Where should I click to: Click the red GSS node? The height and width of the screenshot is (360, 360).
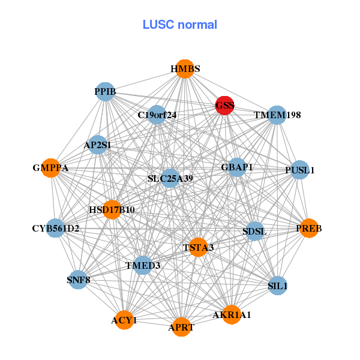(225, 106)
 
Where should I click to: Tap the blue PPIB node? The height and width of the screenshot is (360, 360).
(105, 92)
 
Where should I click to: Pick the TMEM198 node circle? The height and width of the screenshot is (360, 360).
(277, 115)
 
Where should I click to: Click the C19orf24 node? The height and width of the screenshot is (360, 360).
(157, 115)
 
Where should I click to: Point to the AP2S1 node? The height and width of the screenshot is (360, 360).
(97, 145)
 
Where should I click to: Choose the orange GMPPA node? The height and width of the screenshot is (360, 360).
(50, 169)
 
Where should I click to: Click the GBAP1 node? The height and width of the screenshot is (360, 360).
(237, 167)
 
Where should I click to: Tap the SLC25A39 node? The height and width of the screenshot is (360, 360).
(170, 178)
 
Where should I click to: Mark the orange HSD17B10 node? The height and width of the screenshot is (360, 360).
(112, 209)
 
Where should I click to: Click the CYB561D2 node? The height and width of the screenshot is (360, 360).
(55, 229)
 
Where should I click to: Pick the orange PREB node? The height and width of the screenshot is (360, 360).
(309, 229)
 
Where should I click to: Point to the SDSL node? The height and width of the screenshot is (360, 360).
(254, 231)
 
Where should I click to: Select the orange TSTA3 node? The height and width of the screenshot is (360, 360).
(199, 247)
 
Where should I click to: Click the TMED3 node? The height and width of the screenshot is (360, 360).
(143, 265)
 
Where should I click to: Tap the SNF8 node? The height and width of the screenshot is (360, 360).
(79, 280)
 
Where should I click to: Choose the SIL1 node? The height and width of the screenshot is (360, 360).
(278, 286)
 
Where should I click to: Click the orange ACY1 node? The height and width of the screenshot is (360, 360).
(124, 320)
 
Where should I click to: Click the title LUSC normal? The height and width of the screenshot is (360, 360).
(180, 25)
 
